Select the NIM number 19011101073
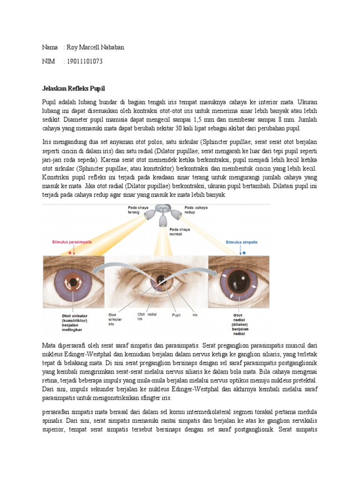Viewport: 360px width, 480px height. (x=85, y=61)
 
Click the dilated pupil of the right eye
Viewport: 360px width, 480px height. (x=238, y=280)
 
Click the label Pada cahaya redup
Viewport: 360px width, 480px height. (x=196, y=210)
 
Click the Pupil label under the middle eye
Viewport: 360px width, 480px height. (x=176, y=315)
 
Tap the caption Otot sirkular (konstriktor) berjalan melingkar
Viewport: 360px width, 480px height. (x=75, y=322)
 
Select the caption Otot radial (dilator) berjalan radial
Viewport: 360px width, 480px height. (x=240, y=323)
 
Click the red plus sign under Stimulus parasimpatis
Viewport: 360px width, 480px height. (x=72, y=252)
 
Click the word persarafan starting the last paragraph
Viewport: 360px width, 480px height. (x=58, y=412)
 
